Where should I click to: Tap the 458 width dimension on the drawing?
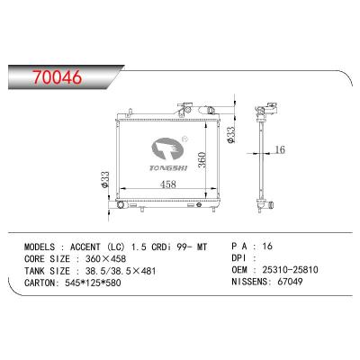pyautogui.click(x=168, y=184)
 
